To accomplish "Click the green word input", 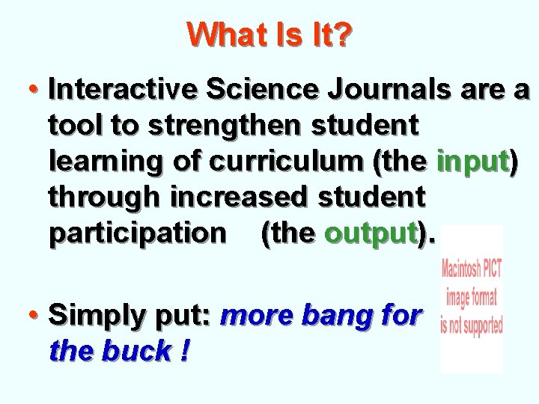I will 472,161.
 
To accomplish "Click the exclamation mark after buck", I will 183,350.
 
